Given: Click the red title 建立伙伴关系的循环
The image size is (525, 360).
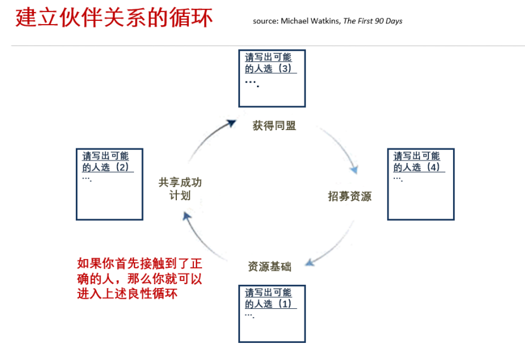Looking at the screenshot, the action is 114,18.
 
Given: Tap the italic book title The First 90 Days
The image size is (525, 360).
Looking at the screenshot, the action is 373,21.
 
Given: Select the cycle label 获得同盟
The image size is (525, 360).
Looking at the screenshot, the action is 274,126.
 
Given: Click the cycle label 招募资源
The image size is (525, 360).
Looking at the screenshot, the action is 349,196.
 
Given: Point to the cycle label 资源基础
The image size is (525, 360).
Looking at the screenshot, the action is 270,267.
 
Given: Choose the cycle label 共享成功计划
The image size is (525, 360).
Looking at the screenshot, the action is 180,189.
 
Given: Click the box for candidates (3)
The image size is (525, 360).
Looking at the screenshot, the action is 272,78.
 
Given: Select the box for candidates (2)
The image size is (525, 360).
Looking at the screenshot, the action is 109,184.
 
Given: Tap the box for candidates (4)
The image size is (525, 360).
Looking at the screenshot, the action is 421,184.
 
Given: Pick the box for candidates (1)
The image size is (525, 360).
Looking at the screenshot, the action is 272,313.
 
